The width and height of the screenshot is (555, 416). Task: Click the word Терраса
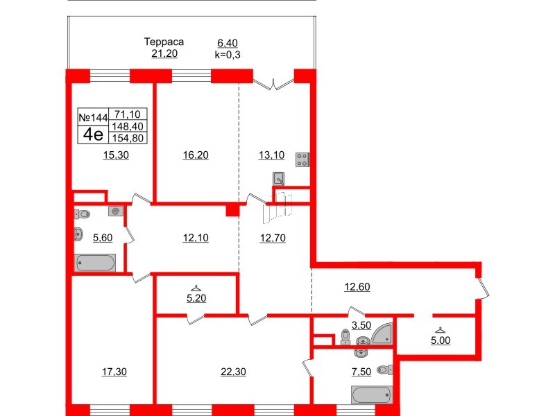pos(164,42)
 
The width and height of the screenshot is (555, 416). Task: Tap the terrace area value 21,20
pos(164,53)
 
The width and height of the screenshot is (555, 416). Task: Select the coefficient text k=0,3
pos(229,53)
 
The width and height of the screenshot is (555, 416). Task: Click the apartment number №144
pos(93,118)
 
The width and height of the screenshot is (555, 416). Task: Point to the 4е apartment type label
pos(92,133)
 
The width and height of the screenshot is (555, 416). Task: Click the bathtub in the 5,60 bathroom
pos(95,262)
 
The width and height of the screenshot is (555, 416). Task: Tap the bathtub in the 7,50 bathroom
pos(372,395)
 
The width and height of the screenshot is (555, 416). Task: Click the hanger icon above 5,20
pos(196,289)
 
